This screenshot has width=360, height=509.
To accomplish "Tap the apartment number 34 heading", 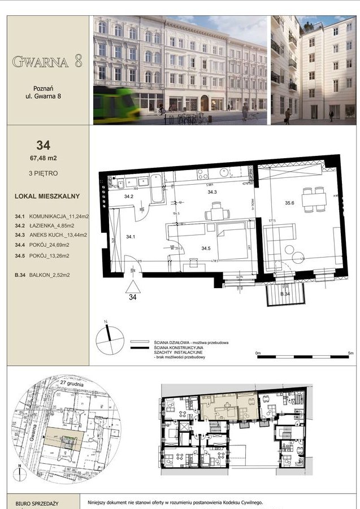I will pos(43,145).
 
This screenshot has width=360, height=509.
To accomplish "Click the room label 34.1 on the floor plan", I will pos(131,236).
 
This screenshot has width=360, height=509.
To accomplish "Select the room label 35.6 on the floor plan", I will pos(290,203).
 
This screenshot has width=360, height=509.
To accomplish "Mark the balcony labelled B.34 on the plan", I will pos(285,294).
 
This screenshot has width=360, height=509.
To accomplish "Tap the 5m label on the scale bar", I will pos(350,353).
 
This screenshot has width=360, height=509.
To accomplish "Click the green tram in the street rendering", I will pos(116,105).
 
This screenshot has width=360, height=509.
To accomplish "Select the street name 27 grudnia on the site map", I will pos(72,384).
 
